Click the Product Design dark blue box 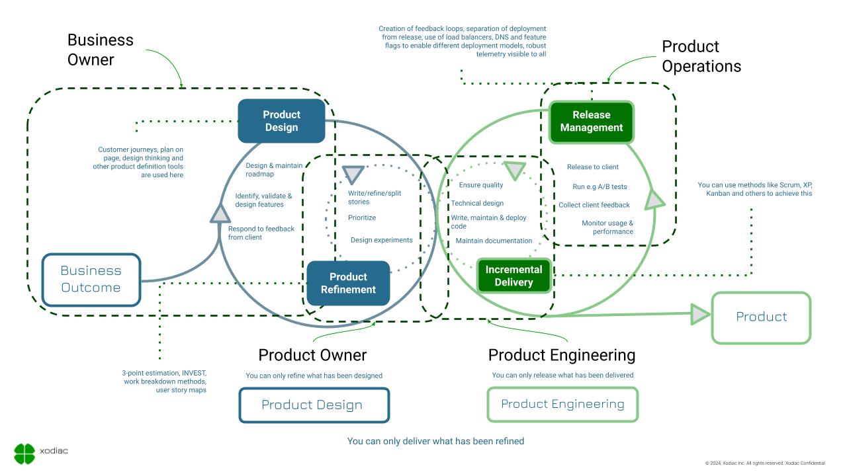click(x=281, y=121)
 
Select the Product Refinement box click(x=348, y=283)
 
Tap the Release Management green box click(x=591, y=122)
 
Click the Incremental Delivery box click(x=513, y=276)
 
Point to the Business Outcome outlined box click(x=91, y=279)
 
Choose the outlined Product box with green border click(x=761, y=317)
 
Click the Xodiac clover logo click(x=24, y=453)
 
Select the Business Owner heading click(x=101, y=50)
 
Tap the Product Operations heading click(x=701, y=56)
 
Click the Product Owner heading click(x=312, y=355)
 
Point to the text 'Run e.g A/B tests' click(x=600, y=186)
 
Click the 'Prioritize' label click(x=362, y=218)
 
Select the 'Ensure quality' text click(x=481, y=185)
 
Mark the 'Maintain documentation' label click(x=494, y=241)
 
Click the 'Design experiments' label click(x=381, y=240)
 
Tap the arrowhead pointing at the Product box click(x=699, y=315)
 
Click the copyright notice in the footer click(x=765, y=463)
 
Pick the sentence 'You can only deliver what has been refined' click(x=435, y=441)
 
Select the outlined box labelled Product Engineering click(x=562, y=404)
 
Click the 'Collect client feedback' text click(x=594, y=205)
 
